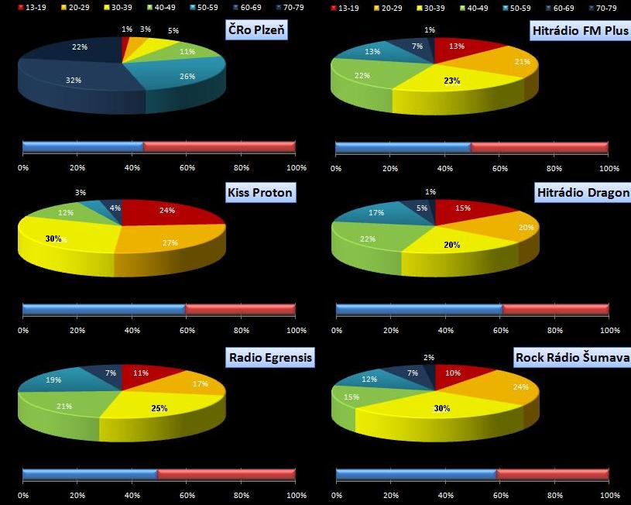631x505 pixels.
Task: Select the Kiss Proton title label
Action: [260, 192]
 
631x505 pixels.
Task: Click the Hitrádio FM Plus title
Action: [580, 32]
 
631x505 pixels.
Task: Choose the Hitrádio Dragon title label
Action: [582, 192]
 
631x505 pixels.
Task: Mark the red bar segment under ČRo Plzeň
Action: [219, 146]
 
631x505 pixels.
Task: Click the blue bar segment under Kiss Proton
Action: [104, 310]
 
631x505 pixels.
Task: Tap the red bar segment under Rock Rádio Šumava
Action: [552, 474]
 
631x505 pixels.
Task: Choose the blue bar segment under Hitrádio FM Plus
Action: [403, 146]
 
